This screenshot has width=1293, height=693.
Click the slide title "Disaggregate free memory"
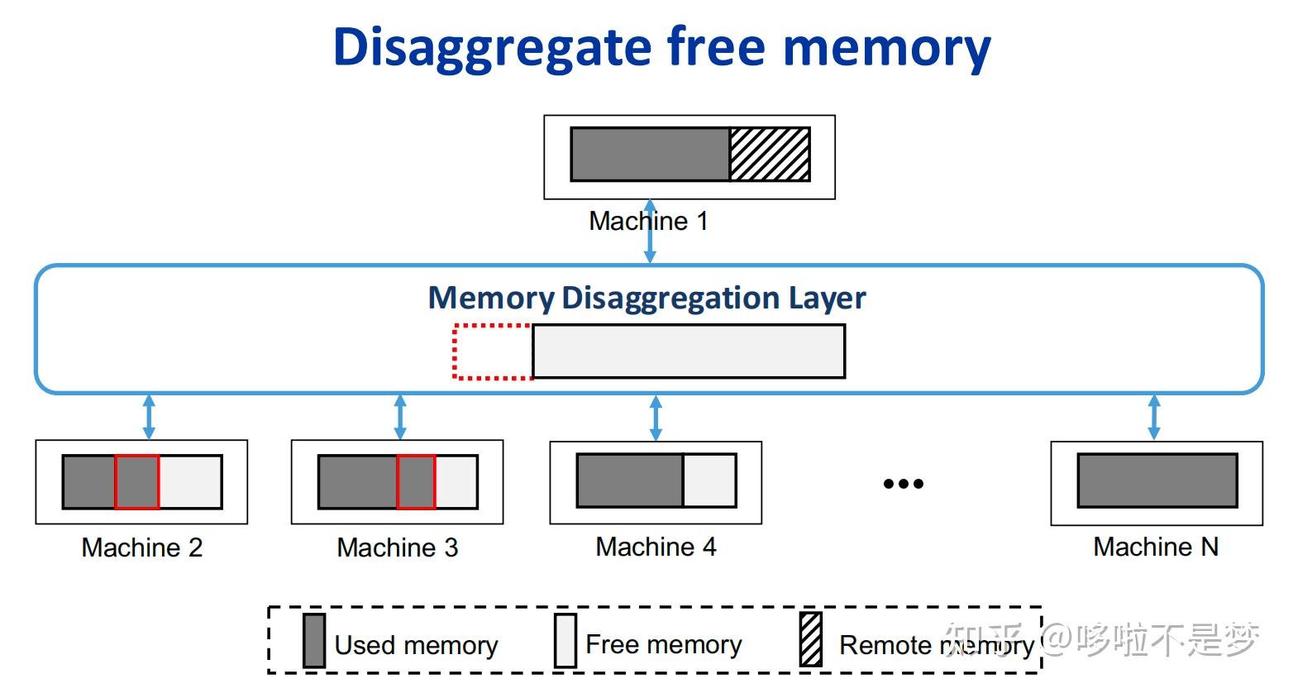coord(661,47)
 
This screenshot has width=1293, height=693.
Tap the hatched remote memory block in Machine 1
coord(770,154)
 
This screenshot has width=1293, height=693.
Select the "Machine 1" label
coord(648,221)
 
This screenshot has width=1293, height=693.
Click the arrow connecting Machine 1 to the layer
coord(650,240)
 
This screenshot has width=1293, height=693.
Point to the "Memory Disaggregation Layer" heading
coord(646,298)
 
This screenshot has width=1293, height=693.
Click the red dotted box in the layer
coord(493,351)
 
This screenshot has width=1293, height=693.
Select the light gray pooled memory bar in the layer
coord(689,351)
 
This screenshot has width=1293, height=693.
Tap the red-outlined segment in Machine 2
coord(137,481)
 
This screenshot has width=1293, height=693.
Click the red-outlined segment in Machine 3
coord(416,481)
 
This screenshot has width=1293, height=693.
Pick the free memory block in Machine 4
coord(709,480)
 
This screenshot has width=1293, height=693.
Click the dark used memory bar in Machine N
coord(1157,480)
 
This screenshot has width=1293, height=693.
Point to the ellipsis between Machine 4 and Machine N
coord(903,484)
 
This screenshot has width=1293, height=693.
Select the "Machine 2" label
coord(142,547)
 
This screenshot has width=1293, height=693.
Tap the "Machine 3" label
coord(398,547)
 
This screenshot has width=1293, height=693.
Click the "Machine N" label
coord(1155,547)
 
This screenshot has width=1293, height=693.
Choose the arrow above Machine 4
coord(656,418)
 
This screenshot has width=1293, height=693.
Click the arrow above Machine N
coord(1154,418)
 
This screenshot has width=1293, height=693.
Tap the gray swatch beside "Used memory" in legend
coord(314,640)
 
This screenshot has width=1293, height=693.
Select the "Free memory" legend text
coord(663,644)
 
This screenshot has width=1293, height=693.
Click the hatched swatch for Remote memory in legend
coord(811,639)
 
